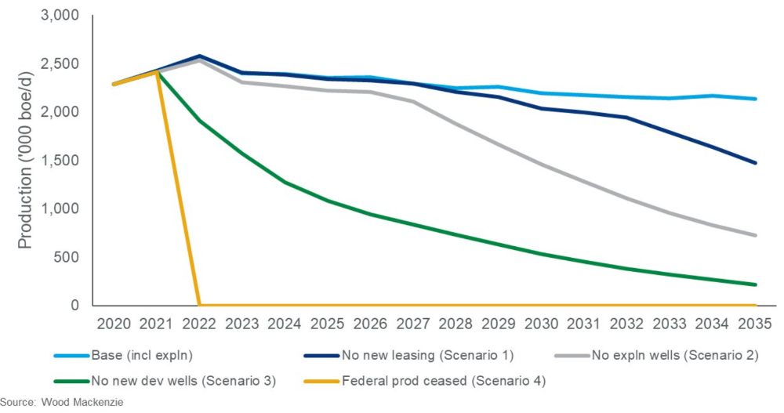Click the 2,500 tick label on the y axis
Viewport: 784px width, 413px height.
[x=60, y=64]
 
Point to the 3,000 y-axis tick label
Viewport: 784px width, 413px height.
[x=60, y=16]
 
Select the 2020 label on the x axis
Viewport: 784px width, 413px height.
[x=114, y=322]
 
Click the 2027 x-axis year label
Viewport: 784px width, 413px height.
[x=413, y=322]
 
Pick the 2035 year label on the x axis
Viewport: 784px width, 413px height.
[x=755, y=322]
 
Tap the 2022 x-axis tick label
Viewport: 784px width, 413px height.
[x=199, y=322]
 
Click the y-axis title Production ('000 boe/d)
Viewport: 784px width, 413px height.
[x=25, y=161]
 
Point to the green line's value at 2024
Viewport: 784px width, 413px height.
[x=285, y=183]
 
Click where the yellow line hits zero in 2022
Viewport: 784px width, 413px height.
[x=200, y=305]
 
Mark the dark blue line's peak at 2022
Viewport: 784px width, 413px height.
[x=200, y=56]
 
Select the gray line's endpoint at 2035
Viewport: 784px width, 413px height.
[x=755, y=235]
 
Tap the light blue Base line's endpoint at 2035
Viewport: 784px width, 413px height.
[x=755, y=99]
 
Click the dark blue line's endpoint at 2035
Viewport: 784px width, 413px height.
[x=755, y=163]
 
